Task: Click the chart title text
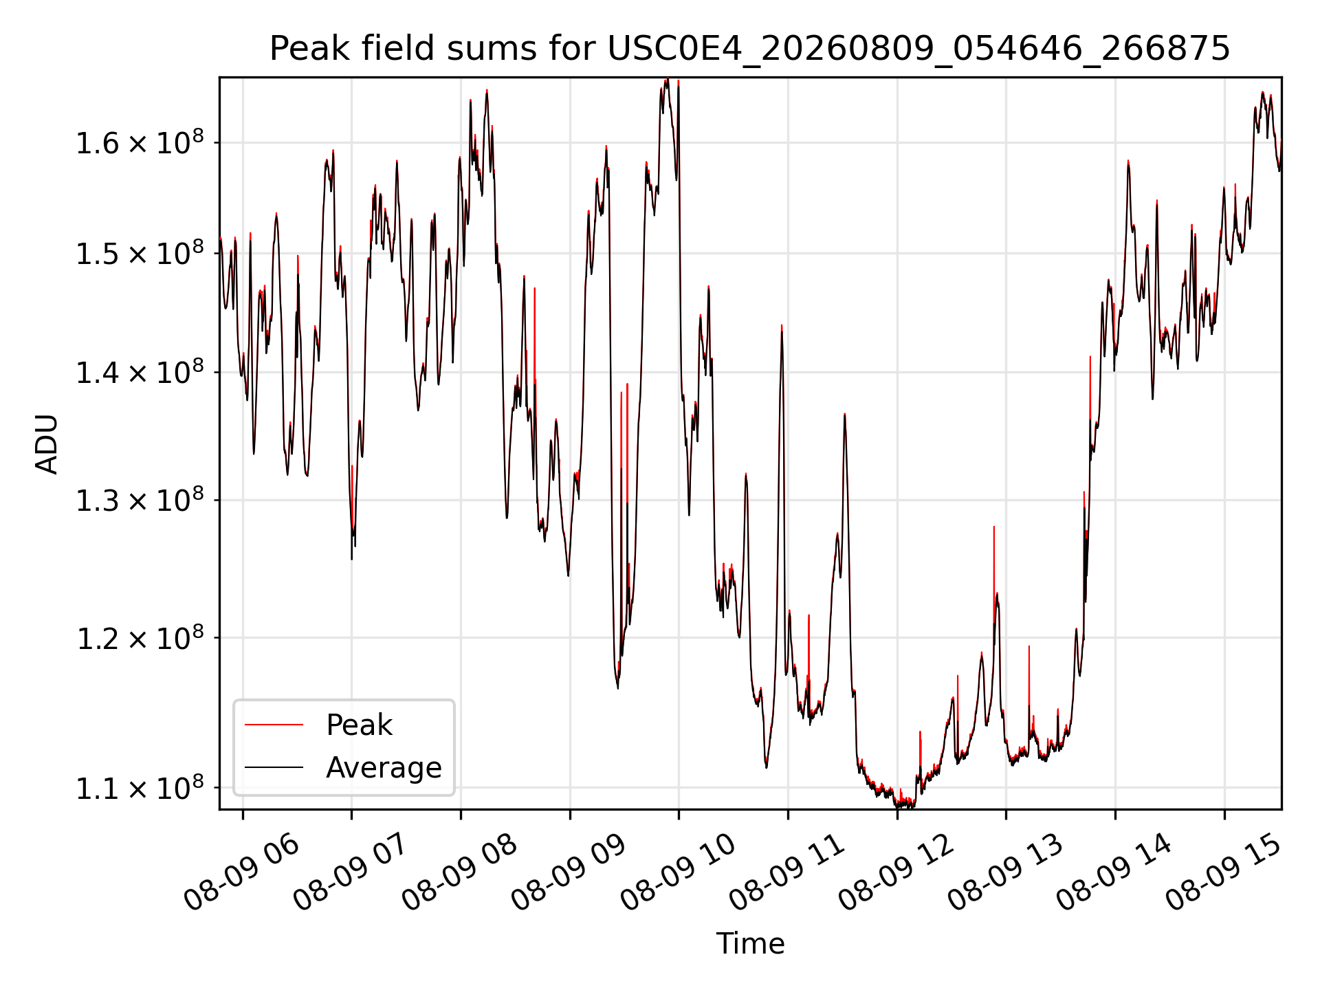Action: pyautogui.click(x=749, y=49)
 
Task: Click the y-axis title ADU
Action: pyautogui.click(x=47, y=444)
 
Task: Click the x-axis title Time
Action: pyautogui.click(x=750, y=943)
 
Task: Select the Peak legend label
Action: pyautogui.click(x=359, y=725)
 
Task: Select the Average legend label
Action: pyautogui.click(x=384, y=767)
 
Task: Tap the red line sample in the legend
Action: pyautogui.click(x=274, y=725)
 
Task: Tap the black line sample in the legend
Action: pyautogui.click(x=274, y=767)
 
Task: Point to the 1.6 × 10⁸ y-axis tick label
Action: pyautogui.click(x=140, y=142)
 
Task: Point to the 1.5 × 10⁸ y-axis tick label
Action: pyautogui.click(x=140, y=253)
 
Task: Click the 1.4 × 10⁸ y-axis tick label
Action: pyautogui.click(x=140, y=372)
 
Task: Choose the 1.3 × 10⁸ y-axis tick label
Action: pyautogui.click(x=140, y=500)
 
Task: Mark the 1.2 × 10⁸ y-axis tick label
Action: pyautogui.click(x=140, y=638)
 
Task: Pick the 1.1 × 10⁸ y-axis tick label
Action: pyautogui.click(x=140, y=788)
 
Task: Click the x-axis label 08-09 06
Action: pyautogui.click(x=242, y=872)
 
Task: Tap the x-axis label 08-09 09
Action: pyautogui.click(x=569, y=872)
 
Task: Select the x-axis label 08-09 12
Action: pyautogui.click(x=896, y=872)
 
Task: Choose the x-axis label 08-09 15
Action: pyautogui.click(x=1224, y=872)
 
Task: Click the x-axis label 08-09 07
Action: pyautogui.click(x=351, y=872)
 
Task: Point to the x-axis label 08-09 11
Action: pyautogui.click(x=787, y=872)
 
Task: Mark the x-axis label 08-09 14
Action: pyautogui.click(x=1114, y=872)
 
